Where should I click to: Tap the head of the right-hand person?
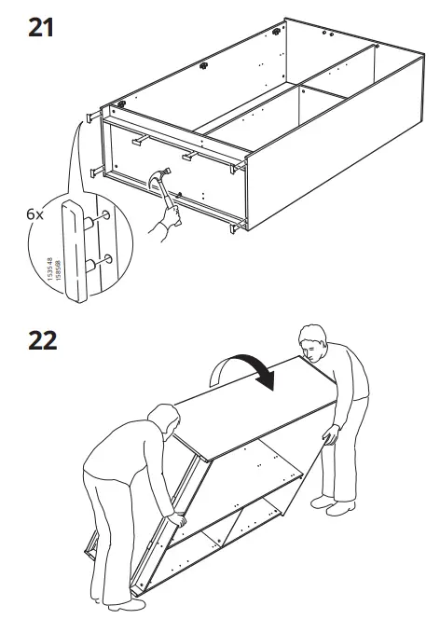pos(313,345)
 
